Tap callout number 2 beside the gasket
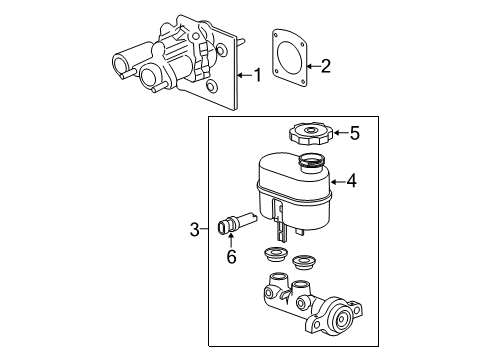click(324, 67)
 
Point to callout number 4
click(351, 182)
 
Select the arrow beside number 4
click(336, 182)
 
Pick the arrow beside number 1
click(243, 75)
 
